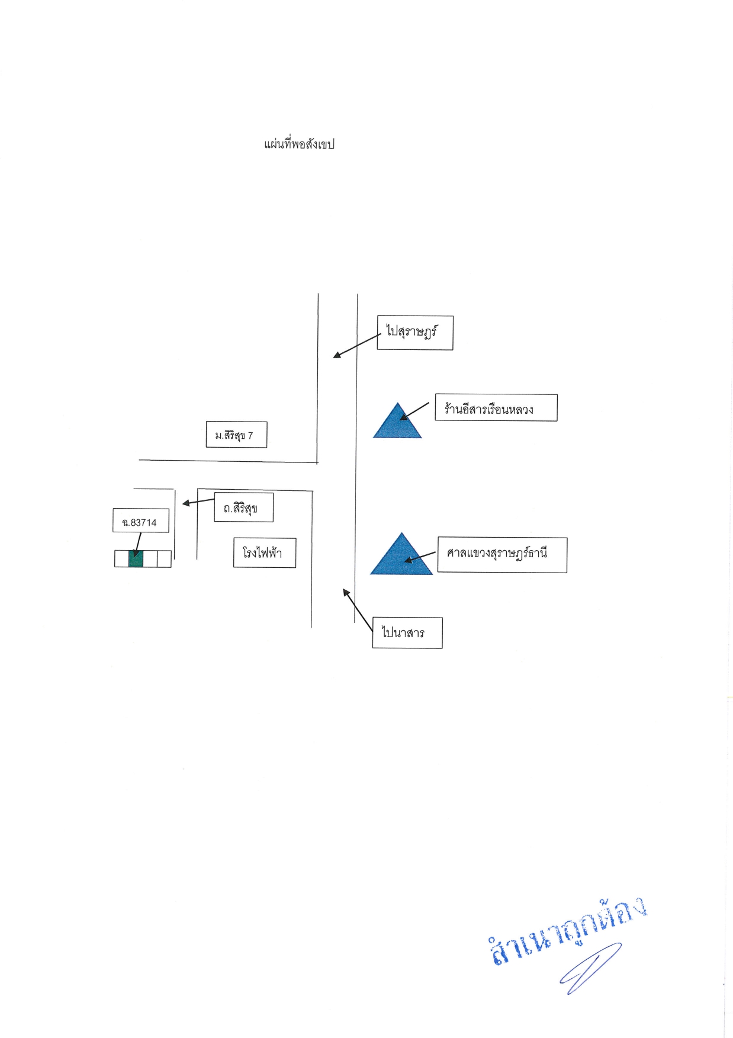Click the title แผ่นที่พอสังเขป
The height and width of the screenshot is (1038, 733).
click(299, 144)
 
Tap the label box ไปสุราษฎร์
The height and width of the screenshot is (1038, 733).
click(415, 333)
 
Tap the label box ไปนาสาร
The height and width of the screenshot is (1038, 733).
click(407, 632)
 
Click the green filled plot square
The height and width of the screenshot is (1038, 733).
click(136, 559)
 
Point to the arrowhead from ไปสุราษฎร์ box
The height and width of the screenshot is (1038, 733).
click(336, 355)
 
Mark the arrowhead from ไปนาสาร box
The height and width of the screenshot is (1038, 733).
click(346, 592)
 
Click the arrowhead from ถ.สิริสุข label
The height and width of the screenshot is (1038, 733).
click(186, 503)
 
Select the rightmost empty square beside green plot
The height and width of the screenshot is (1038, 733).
click(165, 559)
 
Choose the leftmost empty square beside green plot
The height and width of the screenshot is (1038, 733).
click(121, 559)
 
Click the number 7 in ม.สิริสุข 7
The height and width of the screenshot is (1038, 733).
click(250, 436)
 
